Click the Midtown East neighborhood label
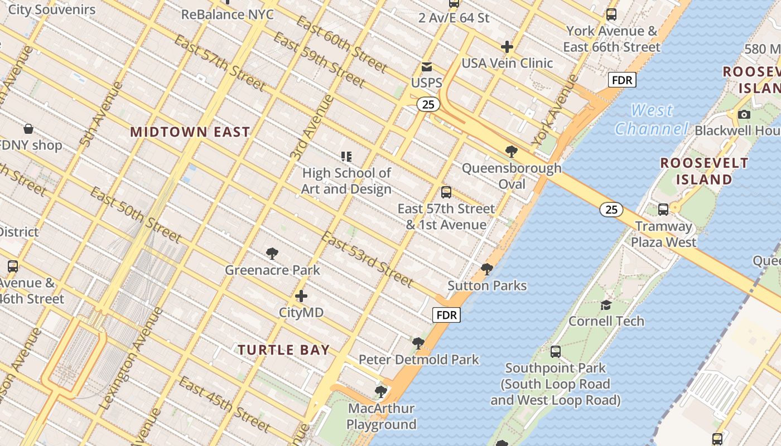(190, 132)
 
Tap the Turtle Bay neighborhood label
(283, 350)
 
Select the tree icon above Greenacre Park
(272, 254)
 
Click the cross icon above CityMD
(301, 296)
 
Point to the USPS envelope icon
(427, 67)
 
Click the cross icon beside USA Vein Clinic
(507, 46)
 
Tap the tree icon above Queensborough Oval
(511, 151)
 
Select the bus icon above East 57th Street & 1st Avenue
(446, 192)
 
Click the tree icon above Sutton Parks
(487, 269)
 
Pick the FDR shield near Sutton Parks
(447, 315)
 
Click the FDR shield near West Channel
(622, 80)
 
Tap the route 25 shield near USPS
(428, 104)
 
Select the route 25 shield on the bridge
(611, 210)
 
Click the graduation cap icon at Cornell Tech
(606, 305)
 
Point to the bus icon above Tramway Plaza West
(663, 210)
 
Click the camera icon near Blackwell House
(744, 114)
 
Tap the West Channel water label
(652, 119)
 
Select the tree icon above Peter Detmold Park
(418, 343)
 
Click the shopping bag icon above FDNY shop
(28, 129)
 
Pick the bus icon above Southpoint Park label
(555, 351)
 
